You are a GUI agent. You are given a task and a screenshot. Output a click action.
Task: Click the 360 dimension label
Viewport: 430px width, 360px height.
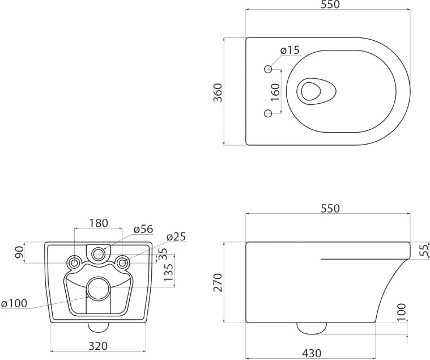218,92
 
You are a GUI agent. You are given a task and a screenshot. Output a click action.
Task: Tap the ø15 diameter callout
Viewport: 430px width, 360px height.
290,50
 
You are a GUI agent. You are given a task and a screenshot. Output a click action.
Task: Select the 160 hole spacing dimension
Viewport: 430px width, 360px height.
275,92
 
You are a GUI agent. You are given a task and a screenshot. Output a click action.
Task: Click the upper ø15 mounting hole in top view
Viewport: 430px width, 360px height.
268,69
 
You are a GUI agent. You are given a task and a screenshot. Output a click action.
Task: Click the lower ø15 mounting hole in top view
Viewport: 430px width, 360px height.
268,113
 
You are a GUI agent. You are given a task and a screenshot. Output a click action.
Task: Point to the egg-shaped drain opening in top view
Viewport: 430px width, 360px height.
317,91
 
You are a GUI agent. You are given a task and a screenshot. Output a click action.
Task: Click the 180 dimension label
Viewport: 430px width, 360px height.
99,223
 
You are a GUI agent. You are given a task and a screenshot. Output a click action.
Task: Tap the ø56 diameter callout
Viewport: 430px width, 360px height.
143,229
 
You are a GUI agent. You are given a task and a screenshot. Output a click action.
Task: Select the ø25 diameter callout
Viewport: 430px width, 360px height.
176,236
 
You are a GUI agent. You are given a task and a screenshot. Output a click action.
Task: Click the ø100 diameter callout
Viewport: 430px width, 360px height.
14,303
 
